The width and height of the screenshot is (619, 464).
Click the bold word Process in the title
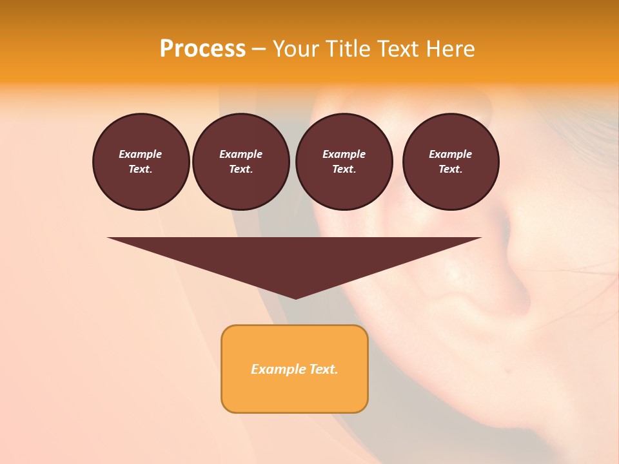pos(202,49)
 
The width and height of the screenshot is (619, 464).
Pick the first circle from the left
pos(141,162)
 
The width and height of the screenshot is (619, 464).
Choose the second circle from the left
pos(241,162)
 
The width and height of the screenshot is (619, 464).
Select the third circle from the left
pos(344,162)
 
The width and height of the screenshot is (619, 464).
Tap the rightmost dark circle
pos(451,162)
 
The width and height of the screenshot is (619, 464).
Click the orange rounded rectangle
pos(295,369)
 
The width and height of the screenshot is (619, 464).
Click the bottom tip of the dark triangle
pos(295,298)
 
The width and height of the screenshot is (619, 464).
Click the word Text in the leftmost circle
pos(140,169)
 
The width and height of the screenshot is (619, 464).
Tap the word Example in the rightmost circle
pos(451,154)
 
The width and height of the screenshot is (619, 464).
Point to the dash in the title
pos(259,49)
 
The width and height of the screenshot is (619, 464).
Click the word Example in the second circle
pos(241,154)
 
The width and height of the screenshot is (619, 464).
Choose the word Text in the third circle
pos(344,169)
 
